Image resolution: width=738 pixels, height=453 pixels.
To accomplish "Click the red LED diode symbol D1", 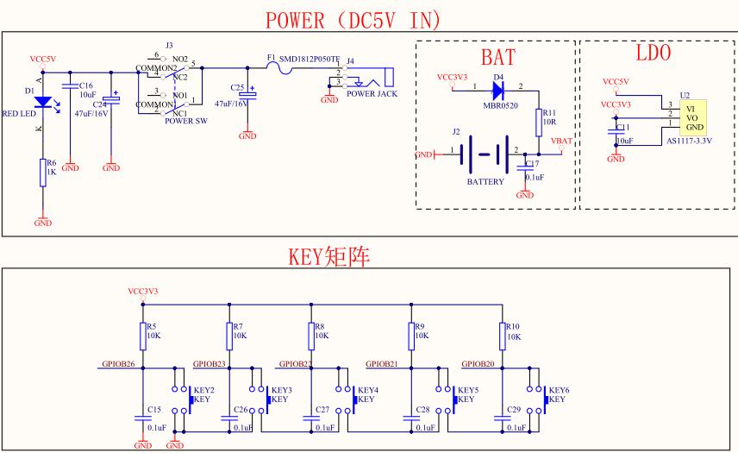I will (42, 101).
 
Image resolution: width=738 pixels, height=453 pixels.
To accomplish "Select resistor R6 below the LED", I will (42, 173).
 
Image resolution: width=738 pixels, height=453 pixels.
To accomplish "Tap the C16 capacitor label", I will (85, 86).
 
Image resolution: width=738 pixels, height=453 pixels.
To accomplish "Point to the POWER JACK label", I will (372, 93).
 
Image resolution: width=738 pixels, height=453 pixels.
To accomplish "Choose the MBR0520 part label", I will (500, 104).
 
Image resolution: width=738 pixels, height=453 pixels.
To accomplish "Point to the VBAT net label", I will (560, 141).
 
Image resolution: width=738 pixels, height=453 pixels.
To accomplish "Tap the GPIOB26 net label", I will (117, 364).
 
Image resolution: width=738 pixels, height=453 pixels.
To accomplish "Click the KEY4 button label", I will (368, 390).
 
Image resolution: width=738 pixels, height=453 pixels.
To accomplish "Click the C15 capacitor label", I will (154, 409).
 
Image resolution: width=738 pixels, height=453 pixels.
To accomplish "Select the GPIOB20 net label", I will (478, 364).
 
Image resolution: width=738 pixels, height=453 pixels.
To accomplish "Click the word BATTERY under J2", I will (485, 183).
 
